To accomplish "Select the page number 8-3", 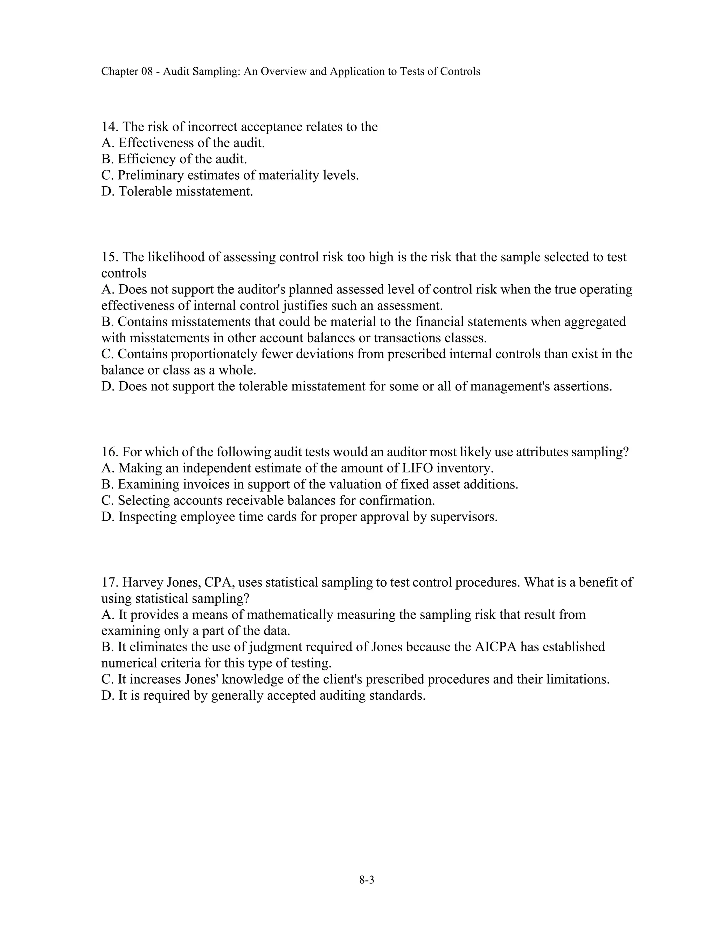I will point(367,880).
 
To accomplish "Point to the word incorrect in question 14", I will point(212,127).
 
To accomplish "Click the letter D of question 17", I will point(106,695).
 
